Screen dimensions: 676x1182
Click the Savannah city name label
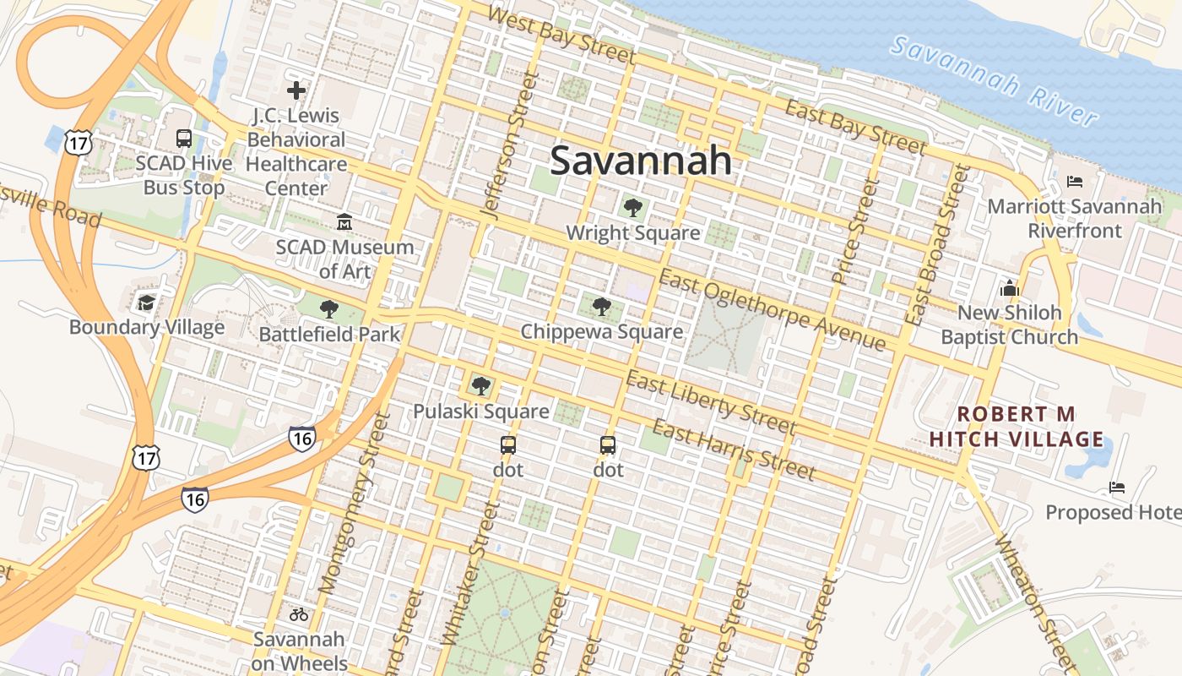(x=640, y=161)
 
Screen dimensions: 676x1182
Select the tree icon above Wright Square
(x=632, y=208)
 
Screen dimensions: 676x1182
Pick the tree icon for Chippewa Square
(x=601, y=306)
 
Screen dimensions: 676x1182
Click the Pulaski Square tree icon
(x=481, y=386)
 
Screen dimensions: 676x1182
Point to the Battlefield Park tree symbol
(x=329, y=309)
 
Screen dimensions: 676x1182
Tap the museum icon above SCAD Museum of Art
(x=344, y=222)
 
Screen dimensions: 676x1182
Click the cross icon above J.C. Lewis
(x=296, y=90)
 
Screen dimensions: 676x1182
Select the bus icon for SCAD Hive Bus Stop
(x=183, y=139)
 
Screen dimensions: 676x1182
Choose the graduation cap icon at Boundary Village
(x=147, y=303)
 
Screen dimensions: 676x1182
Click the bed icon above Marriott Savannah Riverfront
(x=1075, y=182)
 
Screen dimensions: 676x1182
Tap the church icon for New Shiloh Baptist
(x=1009, y=288)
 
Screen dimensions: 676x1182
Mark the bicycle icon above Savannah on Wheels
(x=299, y=614)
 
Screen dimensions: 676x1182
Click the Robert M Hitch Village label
(x=1017, y=426)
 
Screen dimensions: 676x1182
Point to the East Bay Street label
(x=855, y=128)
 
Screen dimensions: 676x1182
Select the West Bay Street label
(x=561, y=35)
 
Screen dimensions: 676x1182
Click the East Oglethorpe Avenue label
(x=773, y=310)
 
